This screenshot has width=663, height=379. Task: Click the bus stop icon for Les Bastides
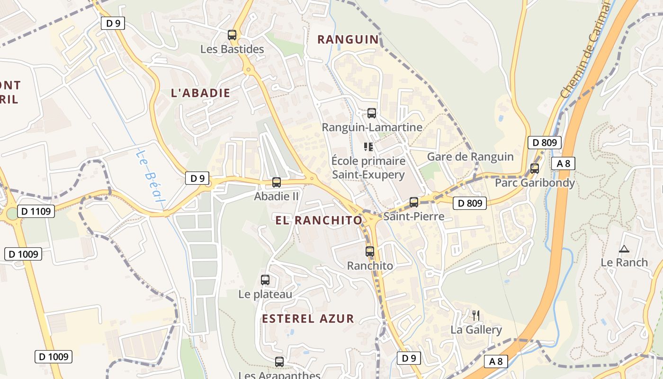[232, 35]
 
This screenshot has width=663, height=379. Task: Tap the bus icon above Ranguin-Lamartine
[372, 113]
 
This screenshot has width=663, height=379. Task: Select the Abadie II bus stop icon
[277, 182]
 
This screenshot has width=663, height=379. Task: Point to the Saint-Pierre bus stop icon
[414, 202]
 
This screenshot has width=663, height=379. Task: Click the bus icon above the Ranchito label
[370, 252]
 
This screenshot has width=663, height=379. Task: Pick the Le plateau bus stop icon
[265, 280]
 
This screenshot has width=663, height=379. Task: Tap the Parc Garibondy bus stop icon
[535, 168]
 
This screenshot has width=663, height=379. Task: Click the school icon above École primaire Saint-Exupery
[368, 147]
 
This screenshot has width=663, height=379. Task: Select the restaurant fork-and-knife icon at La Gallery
[476, 315]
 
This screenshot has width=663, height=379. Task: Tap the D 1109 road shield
[36, 211]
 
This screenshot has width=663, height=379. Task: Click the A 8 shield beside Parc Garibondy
[563, 164]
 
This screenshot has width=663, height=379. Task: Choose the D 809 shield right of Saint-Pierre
[470, 203]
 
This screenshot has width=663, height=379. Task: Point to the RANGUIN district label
[348, 40]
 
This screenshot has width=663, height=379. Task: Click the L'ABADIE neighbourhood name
[200, 93]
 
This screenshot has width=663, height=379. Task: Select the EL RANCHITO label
[319, 220]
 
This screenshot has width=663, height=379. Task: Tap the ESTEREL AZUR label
[308, 319]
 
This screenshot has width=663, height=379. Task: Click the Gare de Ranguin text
[470, 157]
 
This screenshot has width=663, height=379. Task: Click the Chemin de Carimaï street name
[585, 50]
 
